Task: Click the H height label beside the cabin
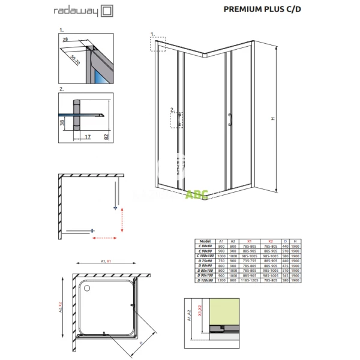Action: click(271, 119)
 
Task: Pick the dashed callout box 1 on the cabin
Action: click(157, 44)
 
